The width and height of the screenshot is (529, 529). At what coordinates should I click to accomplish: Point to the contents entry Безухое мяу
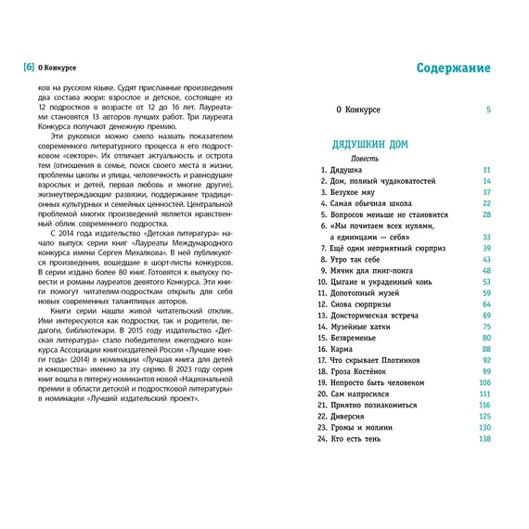point(355,192)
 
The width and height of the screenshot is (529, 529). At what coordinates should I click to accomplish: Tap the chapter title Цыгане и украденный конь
point(379,282)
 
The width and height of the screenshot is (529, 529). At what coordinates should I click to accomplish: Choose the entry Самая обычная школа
point(369,204)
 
